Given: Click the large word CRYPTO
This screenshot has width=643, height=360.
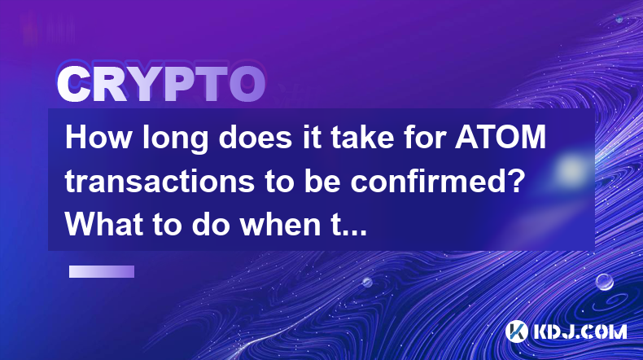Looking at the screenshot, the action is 161,84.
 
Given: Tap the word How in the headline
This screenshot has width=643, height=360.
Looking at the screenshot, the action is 98,137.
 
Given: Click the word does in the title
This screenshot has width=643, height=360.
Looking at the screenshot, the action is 255,137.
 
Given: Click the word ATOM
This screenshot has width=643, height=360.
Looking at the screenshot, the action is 501,137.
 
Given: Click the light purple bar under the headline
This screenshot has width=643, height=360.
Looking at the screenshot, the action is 102,271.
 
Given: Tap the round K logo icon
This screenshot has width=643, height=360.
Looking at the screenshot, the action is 516,331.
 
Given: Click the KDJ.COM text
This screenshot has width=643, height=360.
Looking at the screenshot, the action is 580,331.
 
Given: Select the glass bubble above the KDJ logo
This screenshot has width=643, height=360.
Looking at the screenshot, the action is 604,283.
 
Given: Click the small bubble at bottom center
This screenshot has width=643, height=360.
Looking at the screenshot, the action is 367,282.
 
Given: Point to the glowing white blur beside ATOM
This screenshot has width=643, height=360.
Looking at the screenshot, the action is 571,169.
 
